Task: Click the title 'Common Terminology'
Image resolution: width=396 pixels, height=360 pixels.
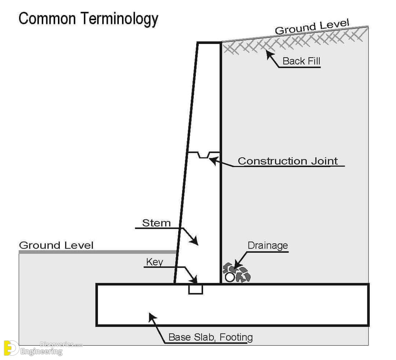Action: coord(88,19)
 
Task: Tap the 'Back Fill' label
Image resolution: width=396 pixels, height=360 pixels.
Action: coord(301,61)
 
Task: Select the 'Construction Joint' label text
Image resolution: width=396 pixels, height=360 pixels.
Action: coord(288,161)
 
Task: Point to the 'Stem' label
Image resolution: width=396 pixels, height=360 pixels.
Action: coord(156,223)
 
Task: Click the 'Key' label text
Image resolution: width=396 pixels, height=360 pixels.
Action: coord(155,262)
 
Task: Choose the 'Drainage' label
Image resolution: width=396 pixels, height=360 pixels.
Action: coord(268,245)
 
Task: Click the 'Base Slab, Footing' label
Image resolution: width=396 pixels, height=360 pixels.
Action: coord(210,337)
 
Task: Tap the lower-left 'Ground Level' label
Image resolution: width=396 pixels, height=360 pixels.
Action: coord(56,245)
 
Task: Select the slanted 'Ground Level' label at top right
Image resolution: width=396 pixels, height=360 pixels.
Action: coord(312,26)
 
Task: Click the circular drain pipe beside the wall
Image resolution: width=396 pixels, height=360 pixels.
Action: coord(230,277)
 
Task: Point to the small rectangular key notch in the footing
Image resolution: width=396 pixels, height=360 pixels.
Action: coord(195,289)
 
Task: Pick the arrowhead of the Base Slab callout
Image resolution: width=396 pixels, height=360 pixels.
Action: coord(152,317)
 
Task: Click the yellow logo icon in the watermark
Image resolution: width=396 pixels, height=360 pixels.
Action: coord(11,348)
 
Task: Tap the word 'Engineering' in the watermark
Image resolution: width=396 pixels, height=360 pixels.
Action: coord(41,351)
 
